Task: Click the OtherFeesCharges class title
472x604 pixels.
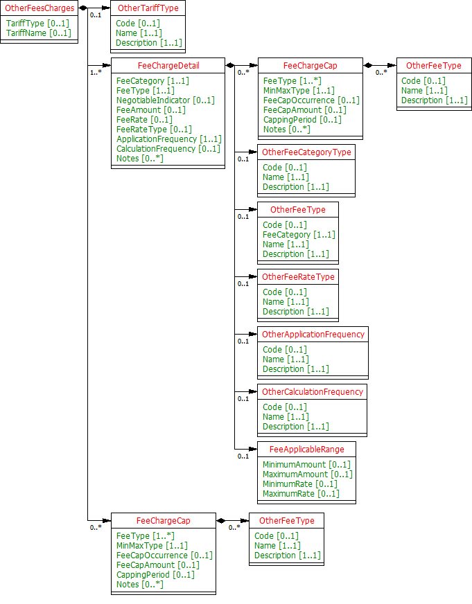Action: point(40,8)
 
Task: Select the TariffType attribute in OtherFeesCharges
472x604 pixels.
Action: point(37,24)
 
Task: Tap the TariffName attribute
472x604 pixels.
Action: point(38,33)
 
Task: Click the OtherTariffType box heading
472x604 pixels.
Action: point(148,8)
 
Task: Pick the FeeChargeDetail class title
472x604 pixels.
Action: point(168,66)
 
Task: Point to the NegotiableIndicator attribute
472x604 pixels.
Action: point(165,100)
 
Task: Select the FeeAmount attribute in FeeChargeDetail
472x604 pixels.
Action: point(150,110)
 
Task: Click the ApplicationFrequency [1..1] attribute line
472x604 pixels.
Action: point(168,139)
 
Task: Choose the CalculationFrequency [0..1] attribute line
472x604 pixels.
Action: point(168,149)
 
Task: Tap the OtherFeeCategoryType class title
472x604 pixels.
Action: point(306,152)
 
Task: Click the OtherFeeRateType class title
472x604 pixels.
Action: point(298,277)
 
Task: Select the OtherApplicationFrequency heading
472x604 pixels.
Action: point(313,335)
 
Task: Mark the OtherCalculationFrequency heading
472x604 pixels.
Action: point(312,392)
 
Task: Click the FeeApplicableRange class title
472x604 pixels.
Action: point(306,450)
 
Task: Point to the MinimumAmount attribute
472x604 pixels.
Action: point(306,465)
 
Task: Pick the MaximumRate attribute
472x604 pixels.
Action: point(301,494)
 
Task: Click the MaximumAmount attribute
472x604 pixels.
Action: point(307,474)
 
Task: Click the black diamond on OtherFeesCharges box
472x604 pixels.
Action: point(83,8)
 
